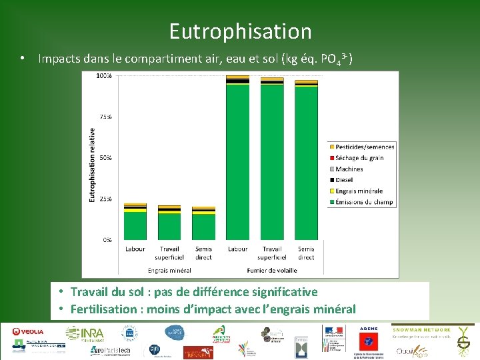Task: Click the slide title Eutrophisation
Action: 240,31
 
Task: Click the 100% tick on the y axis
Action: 104,76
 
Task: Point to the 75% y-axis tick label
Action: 105,117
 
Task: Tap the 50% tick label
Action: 105,158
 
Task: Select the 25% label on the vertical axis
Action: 105,199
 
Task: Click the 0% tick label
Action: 107,239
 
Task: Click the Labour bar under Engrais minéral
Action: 135,222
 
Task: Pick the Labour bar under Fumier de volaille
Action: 237,158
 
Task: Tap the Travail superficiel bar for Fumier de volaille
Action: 272,159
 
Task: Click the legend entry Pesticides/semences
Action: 365,147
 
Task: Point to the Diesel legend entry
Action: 345,180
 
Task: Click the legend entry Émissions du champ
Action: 364,202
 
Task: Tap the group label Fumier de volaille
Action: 271,271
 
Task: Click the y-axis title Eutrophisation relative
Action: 92,165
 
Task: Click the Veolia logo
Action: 28,332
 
